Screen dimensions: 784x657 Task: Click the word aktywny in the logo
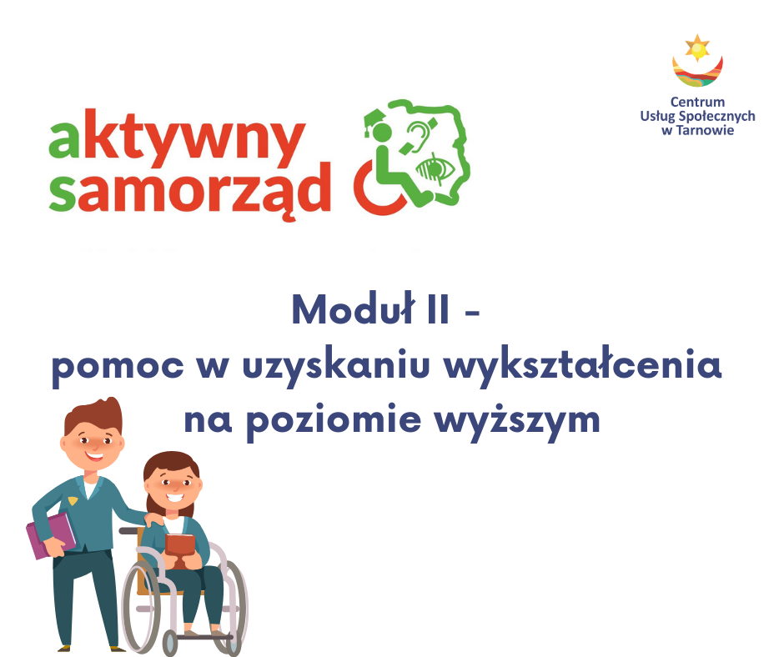coord(177,137)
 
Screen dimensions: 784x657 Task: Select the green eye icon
coord(436,169)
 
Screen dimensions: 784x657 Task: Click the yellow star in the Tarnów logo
coord(697,48)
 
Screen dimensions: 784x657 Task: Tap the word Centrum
coord(697,102)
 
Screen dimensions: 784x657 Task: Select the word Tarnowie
coord(705,131)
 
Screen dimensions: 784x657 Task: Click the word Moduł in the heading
coord(354,309)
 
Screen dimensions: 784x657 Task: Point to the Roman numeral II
coord(438,310)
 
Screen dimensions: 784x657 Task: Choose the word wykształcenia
coord(583,365)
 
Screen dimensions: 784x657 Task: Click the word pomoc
coord(118,368)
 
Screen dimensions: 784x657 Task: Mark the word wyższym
coord(517,422)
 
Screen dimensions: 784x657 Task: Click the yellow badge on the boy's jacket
coord(73,500)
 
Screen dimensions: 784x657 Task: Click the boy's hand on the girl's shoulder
coord(155,520)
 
